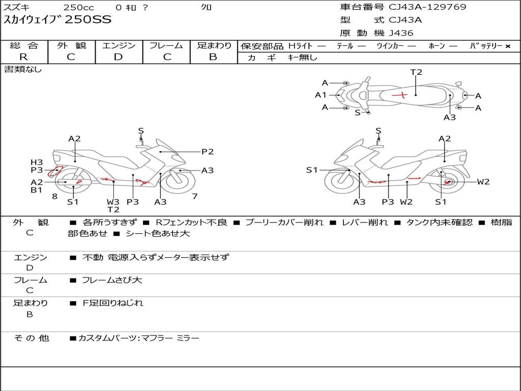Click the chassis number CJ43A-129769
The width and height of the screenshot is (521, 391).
coord(427,7)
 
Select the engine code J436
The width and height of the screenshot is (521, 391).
coord(401,33)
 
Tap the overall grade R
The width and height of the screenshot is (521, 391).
coord(23,57)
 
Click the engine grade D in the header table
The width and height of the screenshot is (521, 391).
coord(118,57)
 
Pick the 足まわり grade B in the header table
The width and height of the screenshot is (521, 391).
coord(213,57)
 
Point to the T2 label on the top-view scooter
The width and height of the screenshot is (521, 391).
coord(416,72)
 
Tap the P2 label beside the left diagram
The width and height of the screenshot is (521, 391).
coord(207,151)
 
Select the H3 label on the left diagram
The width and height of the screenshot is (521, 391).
coord(37,162)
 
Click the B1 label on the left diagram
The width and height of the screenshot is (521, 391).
coord(37,190)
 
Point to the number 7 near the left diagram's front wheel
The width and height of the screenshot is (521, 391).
coord(194,196)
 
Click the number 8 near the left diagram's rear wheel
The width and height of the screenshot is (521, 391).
coord(54,196)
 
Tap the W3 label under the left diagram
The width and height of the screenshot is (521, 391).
coord(113,202)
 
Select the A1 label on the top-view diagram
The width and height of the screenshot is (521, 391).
coord(321,95)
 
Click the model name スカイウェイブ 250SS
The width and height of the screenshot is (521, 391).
coord(57,20)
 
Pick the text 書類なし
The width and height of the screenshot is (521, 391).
coord(23,69)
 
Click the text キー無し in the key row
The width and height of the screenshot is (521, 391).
coord(302,58)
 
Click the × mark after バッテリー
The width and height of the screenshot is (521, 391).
coord(507,46)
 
